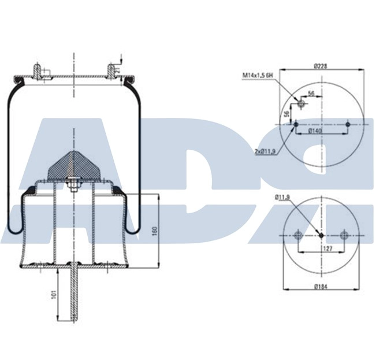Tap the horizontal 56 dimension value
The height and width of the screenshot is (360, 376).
coord(310,93)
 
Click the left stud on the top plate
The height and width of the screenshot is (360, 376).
coord(38,71)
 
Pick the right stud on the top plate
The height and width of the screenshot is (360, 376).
coord(110,71)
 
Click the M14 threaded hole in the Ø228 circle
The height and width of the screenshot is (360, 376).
coord(300,104)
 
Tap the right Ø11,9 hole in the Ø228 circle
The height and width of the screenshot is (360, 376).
coord(347,124)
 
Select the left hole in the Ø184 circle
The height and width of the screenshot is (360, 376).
coord(297,235)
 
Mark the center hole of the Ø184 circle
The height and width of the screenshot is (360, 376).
coord(321,235)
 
